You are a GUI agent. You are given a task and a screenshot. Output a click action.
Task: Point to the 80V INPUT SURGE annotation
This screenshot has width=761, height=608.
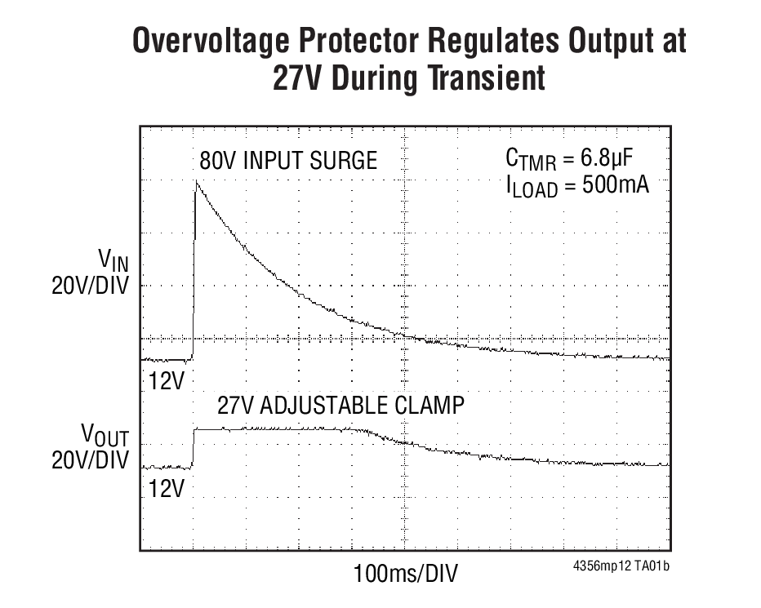pyautogui.click(x=288, y=161)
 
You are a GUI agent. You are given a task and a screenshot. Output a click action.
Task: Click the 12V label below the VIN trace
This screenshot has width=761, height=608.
pyautogui.click(x=167, y=380)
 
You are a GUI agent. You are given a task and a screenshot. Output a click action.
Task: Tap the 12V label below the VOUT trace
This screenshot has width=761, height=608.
pyautogui.click(x=167, y=489)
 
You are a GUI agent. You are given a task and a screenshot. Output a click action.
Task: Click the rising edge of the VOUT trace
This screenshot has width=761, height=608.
pyautogui.click(x=194, y=449)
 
